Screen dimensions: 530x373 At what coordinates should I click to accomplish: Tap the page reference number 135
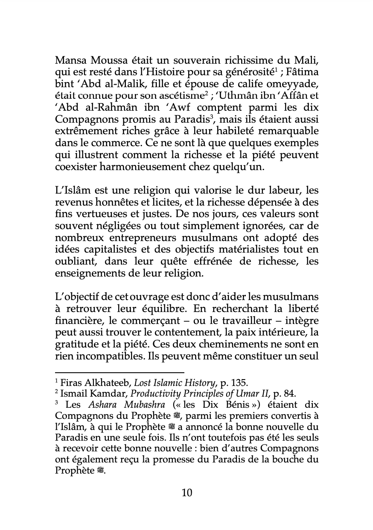242,383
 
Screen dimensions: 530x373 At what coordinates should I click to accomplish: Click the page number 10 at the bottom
187,493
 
